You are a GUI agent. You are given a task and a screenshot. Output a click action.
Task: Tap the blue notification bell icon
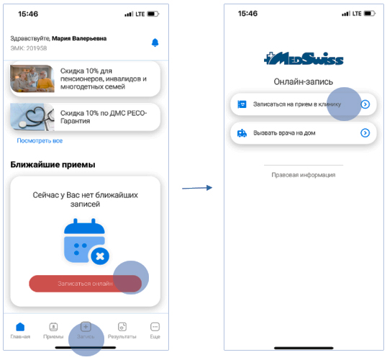click(155, 42)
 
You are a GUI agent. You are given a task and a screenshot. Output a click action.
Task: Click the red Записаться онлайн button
click(85, 284)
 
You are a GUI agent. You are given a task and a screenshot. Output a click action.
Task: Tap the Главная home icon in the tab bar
click(20, 327)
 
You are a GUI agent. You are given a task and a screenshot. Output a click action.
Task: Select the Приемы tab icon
click(53, 327)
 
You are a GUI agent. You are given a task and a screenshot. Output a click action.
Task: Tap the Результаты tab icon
click(122, 327)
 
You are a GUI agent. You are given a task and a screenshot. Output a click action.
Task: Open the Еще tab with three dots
click(155, 327)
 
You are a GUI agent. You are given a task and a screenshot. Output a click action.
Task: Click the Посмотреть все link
click(40, 140)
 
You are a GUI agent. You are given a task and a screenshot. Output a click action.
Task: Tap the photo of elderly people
click(32, 78)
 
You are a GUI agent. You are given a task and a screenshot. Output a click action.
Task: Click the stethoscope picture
click(32, 117)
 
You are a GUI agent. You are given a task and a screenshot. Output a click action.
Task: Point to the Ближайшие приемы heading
click(53, 165)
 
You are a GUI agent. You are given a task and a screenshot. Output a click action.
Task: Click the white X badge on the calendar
click(100, 256)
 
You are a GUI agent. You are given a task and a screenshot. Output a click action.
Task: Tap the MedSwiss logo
click(304, 58)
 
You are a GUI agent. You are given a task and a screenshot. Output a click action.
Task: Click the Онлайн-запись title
click(304, 81)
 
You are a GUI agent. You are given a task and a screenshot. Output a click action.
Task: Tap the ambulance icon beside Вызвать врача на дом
click(242, 133)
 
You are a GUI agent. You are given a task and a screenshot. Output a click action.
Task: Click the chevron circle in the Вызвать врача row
click(365, 133)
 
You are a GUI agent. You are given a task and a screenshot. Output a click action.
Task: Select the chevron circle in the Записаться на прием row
click(365, 104)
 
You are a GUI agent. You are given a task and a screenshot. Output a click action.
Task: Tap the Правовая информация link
click(304, 175)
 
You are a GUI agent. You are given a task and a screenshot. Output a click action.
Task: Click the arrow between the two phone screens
click(197, 188)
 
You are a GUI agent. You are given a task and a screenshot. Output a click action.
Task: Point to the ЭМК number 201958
click(37, 48)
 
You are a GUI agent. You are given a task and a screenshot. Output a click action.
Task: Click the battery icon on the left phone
click(153, 14)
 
